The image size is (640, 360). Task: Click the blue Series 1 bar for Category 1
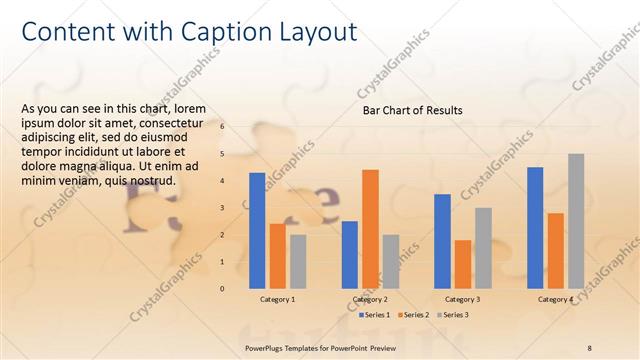[257, 230]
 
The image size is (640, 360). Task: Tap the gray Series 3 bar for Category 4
[576, 220]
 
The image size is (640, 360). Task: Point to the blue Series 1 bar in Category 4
[535, 227]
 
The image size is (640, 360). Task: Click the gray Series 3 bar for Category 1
[298, 261]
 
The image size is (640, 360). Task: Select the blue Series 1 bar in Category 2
[350, 254]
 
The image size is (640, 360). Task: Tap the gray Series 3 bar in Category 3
[483, 248]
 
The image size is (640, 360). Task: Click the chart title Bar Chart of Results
[412, 110]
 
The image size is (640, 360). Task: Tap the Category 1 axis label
[277, 300]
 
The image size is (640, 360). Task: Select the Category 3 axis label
[462, 300]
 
